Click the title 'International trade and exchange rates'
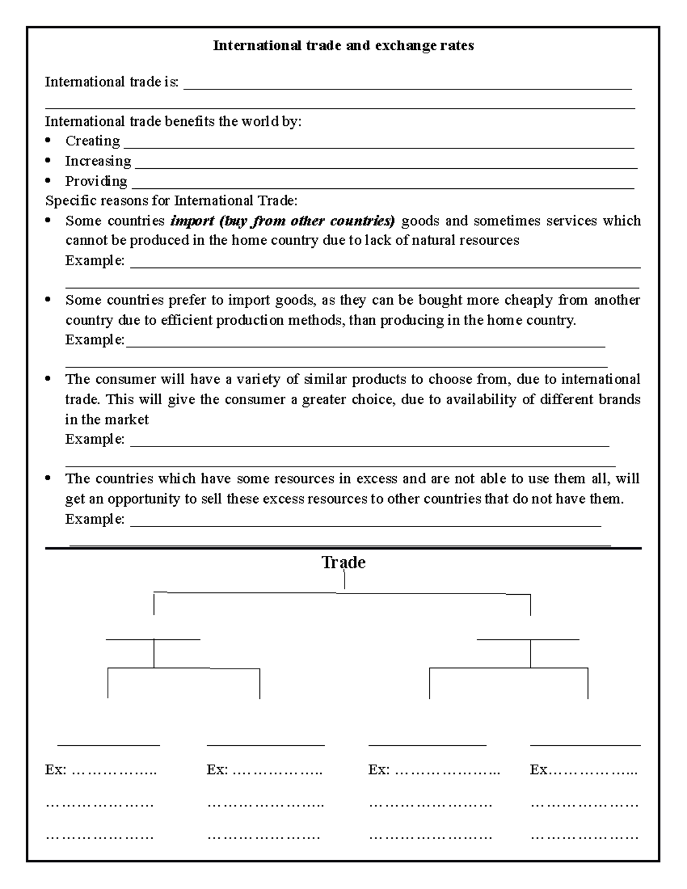(x=343, y=46)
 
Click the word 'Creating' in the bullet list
(x=92, y=141)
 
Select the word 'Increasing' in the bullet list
(x=98, y=161)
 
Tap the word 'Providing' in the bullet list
(x=96, y=181)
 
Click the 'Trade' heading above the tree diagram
(x=343, y=562)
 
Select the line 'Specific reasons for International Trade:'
(x=171, y=201)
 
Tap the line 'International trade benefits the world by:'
(x=173, y=121)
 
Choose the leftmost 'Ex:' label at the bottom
(x=56, y=770)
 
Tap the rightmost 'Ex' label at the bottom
(x=539, y=770)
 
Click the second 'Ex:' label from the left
(x=217, y=770)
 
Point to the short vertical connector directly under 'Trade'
(x=345, y=580)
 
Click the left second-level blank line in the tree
(x=153, y=639)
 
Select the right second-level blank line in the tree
(x=528, y=639)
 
